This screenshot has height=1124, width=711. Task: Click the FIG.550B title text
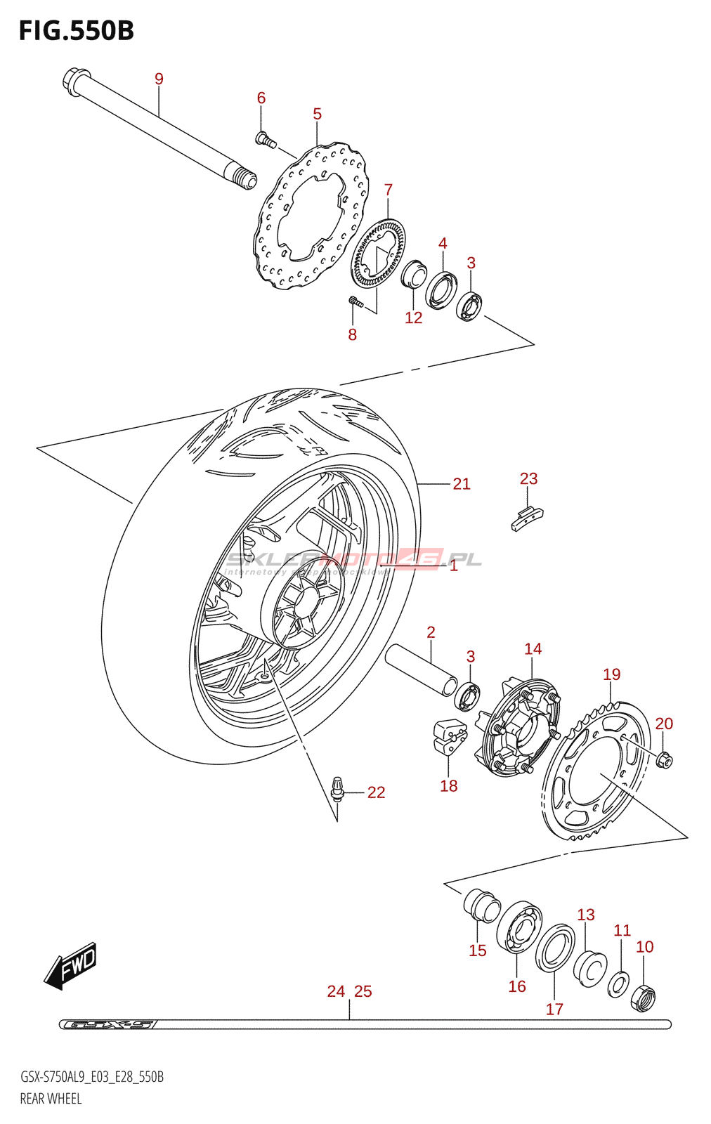[x=76, y=31]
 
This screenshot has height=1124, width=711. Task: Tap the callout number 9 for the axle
[x=159, y=79]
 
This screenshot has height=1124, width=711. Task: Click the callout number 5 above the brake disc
[x=317, y=114]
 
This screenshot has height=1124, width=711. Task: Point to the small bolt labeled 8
[x=355, y=302]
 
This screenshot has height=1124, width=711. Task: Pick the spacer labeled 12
[x=413, y=273]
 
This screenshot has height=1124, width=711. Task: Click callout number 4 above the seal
[x=443, y=243]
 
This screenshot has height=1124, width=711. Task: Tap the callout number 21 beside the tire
[x=461, y=483]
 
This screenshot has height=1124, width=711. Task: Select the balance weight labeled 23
[x=526, y=518]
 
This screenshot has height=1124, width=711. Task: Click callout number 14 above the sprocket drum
[x=533, y=648]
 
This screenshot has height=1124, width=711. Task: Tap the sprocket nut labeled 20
[x=664, y=759]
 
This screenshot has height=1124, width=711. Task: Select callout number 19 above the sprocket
[x=611, y=674]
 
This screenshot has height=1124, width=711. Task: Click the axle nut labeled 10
[x=644, y=998]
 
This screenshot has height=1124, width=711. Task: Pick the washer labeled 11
[x=618, y=983]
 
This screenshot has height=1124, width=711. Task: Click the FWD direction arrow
[x=71, y=966]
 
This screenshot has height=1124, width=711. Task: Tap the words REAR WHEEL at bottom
[x=51, y=1098]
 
